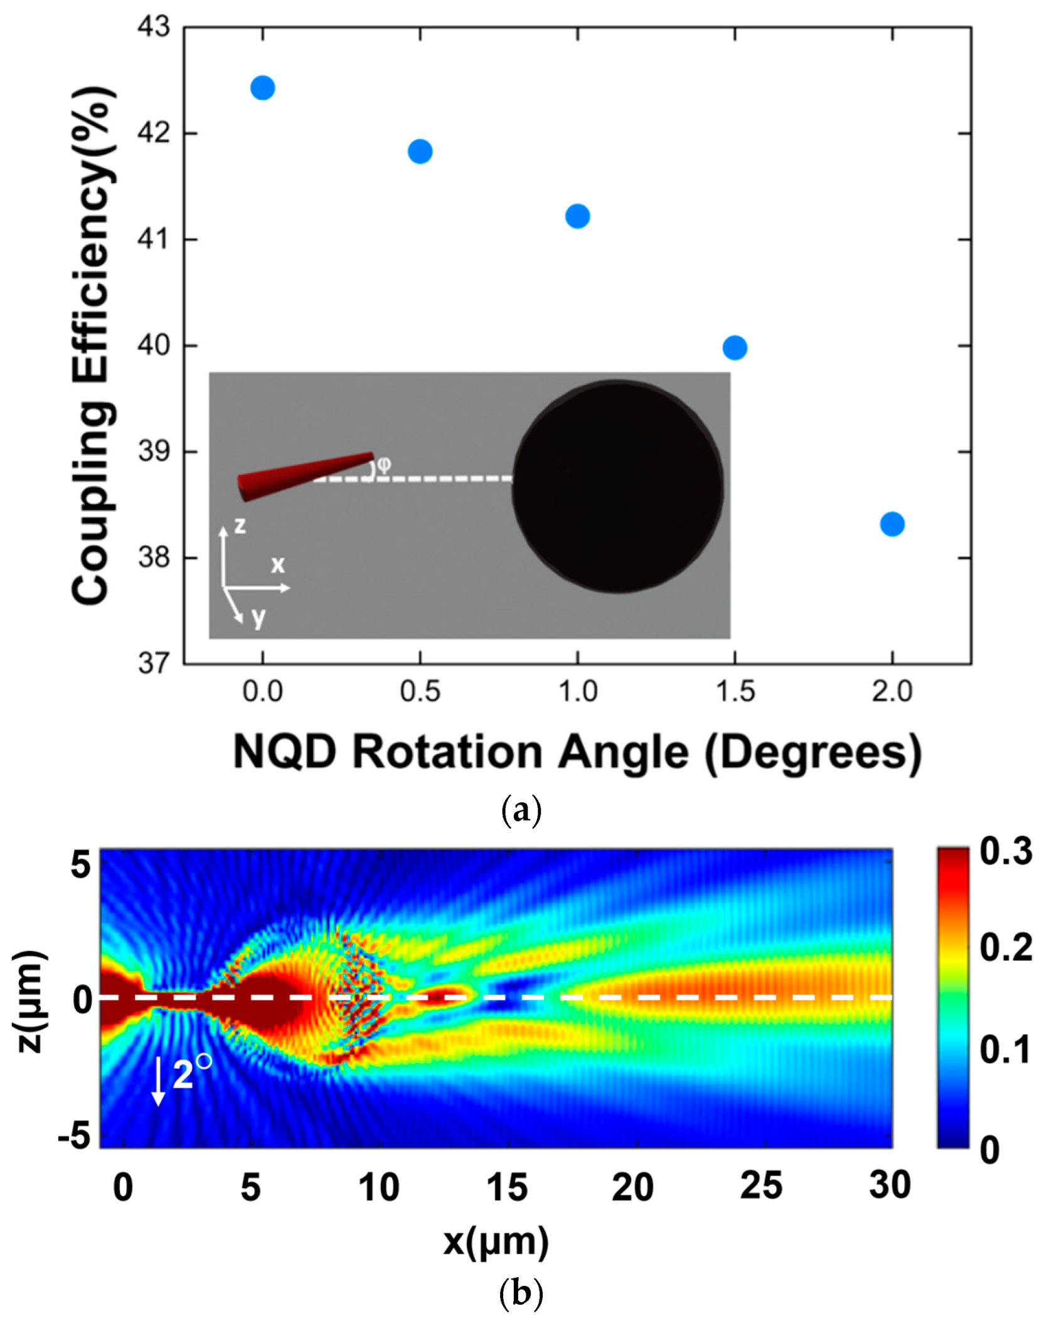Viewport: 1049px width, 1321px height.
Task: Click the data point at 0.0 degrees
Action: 262,88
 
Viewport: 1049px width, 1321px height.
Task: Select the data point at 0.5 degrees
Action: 420,151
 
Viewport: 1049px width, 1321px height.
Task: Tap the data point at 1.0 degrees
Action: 577,216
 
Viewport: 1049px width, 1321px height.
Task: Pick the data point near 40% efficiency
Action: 735,347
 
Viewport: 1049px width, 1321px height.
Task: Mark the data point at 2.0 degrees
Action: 892,524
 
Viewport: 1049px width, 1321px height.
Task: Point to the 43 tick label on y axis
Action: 154,27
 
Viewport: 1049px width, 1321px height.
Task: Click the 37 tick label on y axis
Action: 154,663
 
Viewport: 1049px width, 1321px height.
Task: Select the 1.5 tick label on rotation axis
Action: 735,692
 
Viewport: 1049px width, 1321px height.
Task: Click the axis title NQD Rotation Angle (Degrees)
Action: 577,751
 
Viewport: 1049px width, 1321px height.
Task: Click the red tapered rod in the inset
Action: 306,476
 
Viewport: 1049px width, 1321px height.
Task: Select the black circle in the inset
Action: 618,486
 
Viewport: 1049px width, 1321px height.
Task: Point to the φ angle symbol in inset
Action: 383,464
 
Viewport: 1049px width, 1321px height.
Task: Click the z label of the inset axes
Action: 240,525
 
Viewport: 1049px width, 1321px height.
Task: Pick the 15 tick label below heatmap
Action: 507,1187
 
